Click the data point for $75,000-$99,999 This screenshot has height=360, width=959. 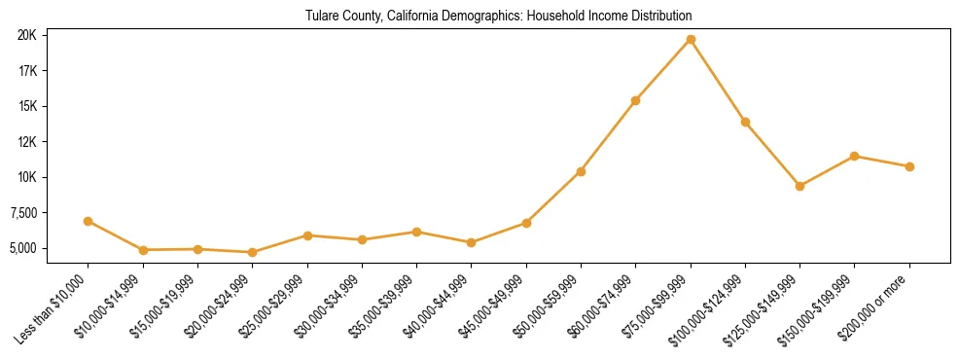click(691, 39)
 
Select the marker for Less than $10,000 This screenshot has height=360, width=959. click(89, 221)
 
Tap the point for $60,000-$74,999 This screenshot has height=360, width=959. click(635, 100)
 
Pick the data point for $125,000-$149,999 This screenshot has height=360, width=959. click(799, 186)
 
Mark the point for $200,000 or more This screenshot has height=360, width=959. click(909, 166)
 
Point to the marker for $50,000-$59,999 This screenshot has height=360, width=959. click(581, 171)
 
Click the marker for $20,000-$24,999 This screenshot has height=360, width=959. click(253, 252)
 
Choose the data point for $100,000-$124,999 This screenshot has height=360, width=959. click(745, 122)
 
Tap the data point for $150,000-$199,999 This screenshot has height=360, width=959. click(854, 156)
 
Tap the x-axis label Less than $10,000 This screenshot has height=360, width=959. click(54, 308)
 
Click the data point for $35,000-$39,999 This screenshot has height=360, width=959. click(416, 232)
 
